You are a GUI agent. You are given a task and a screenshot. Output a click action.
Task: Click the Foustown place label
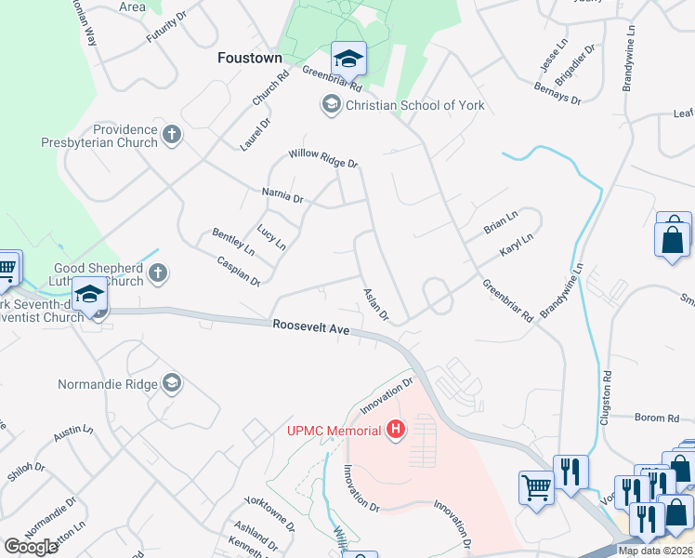click(x=249, y=58)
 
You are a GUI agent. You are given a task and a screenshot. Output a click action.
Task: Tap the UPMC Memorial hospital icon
click(x=397, y=430)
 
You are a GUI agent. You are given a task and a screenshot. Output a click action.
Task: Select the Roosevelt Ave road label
click(x=310, y=327)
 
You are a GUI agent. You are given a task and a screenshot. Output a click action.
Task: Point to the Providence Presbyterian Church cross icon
click(x=171, y=136)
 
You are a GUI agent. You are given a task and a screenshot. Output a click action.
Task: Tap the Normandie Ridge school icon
click(x=171, y=382)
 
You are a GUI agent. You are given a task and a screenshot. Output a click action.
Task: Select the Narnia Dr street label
click(x=282, y=197)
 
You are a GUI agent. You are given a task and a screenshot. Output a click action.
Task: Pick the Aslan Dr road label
click(x=374, y=302)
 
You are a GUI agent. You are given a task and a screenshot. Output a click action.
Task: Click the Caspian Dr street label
click(x=238, y=271)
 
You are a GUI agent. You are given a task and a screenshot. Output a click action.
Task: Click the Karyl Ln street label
click(x=516, y=245)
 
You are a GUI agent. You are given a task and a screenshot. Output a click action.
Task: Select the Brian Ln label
click(x=500, y=226)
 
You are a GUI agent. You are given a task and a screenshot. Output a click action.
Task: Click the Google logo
click(x=31, y=546)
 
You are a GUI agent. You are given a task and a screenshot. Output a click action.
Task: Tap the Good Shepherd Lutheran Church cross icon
click(x=158, y=273)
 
